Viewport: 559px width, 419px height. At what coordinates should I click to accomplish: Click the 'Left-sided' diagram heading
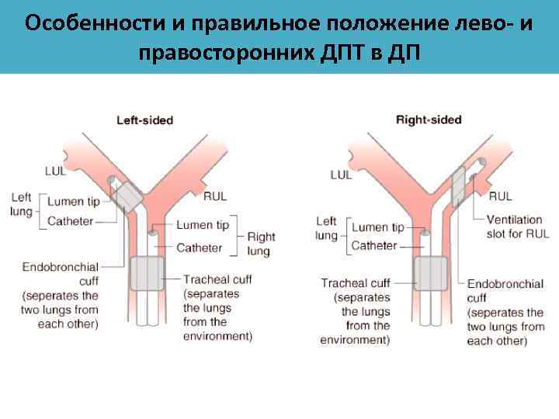pos(144,120)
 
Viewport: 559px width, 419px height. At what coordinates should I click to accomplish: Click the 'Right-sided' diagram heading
pos(429,119)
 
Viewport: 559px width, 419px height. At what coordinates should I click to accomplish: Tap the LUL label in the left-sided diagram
pos(56,170)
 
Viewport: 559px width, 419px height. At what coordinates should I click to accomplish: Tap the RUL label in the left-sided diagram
pos(215,196)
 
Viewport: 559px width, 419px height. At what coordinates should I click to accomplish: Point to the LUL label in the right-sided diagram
pos(341,175)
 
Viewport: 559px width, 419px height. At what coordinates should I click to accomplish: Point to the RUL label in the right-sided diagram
pos(500,196)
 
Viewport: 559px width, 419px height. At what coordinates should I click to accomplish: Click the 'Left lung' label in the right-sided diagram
pos(326,228)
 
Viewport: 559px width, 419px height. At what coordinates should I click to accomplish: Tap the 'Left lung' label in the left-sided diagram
pos(21,203)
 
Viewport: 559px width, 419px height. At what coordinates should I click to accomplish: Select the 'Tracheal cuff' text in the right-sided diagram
pos(356,283)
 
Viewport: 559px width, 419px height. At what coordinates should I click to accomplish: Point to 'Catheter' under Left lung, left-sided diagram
pos(70,221)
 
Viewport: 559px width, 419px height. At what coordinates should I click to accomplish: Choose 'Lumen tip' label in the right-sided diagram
pos(377,227)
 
